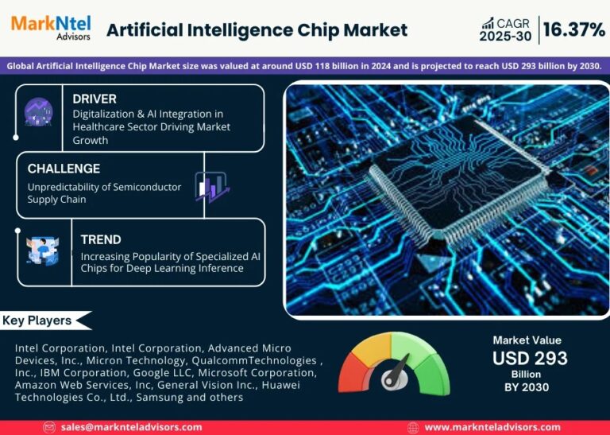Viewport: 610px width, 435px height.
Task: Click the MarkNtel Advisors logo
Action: pos(51,27)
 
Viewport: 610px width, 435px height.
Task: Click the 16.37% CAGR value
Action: pos(573,30)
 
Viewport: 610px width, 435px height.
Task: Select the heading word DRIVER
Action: pos(95,99)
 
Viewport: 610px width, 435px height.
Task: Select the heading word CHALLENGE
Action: pos(64,169)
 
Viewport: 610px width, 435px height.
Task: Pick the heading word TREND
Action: pos(101,239)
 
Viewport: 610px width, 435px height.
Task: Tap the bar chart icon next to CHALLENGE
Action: pos(210,188)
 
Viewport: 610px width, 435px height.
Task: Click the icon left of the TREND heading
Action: pos(41,250)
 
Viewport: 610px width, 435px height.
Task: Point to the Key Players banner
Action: pos(40,320)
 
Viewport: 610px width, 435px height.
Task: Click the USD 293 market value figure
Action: pos(530,358)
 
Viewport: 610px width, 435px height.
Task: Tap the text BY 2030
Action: pos(527,387)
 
